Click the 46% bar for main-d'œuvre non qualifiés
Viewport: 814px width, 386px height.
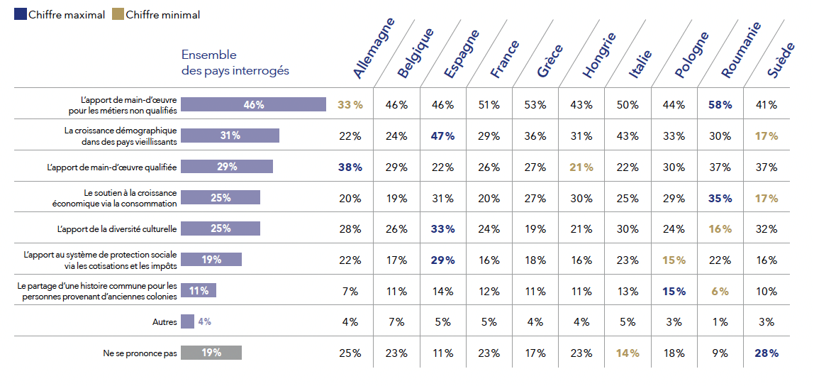click(x=253, y=105)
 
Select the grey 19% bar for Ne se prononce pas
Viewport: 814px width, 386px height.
click(x=211, y=353)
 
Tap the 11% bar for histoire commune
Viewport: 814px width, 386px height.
click(x=199, y=290)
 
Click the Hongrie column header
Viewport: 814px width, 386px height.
click(x=599, y=55)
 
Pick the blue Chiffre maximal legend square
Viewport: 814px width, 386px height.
click(x=20, y=15)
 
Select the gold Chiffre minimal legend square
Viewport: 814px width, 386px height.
click(x=118, y=15)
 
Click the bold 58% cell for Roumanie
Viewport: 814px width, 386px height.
click(x=720, y=105)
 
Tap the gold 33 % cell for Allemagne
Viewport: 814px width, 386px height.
click(x=350, y=105)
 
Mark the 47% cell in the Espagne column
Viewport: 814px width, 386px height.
click(x=442, y=136)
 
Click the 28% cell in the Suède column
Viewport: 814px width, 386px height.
click(x=766, y=353)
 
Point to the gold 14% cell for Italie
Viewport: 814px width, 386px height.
click(x=628, y=353)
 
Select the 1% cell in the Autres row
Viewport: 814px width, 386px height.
click(x=720, y=321)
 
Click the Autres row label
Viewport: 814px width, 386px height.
click(x=165, y=321)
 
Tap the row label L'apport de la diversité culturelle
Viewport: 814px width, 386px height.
click(x=117, y=228)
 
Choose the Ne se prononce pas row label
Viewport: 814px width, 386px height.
click(x=140, y=353)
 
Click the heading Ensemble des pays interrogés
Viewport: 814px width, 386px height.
click(x=235, y=63)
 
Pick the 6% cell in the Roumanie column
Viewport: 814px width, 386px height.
click(x=720, y=291)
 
